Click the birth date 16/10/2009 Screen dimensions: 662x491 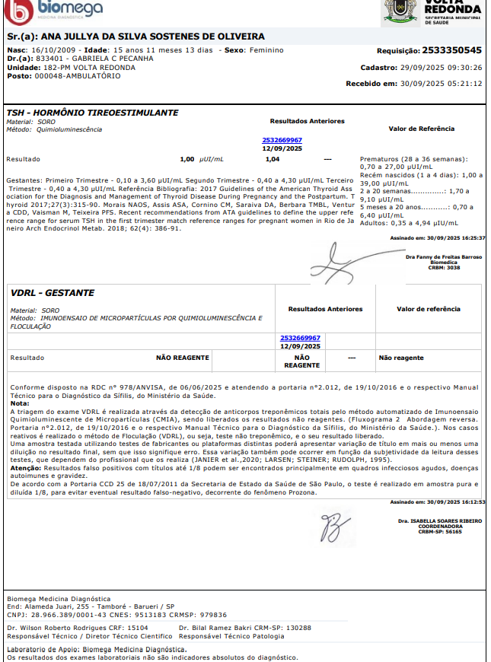tap(49, 50)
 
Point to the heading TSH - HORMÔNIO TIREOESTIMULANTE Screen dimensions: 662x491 tap(92, 113)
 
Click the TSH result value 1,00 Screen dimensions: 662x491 tap(187, 160)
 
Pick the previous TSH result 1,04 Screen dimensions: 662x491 tap(272, 160)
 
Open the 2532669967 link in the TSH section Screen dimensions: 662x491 tap(282, 140)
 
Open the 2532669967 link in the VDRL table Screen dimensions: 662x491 tap(300, 338)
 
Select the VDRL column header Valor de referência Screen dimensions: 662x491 tap(429, 309)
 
